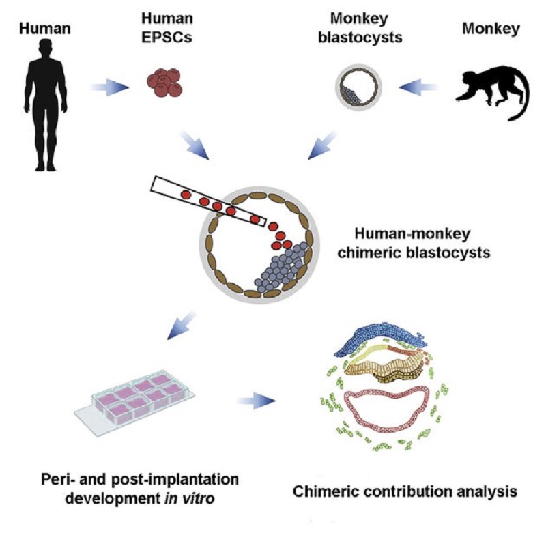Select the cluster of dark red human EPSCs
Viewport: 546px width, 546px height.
164,82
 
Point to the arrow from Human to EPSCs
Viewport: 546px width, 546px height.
110,87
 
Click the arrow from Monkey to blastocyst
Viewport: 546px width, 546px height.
418,87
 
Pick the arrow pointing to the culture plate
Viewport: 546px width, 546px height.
182,326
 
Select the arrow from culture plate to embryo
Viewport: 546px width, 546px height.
257,401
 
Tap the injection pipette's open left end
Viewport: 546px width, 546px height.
153,184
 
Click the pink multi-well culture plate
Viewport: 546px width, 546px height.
134,399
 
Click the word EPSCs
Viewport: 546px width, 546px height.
167,37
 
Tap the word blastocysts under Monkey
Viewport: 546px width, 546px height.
360,38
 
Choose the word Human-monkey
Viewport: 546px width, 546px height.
412,233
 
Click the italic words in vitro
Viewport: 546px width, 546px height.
189,499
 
